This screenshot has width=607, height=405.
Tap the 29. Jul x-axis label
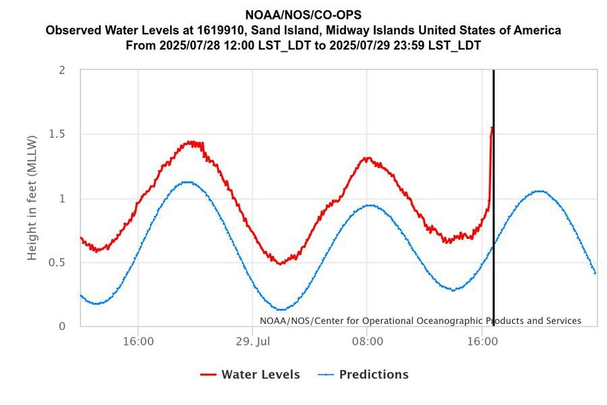pos(252,342)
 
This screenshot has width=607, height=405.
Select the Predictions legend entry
pos(374,375)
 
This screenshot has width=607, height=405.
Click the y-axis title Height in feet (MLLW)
pos(32,196)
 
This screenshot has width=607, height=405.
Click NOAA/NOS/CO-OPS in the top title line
pos(303,15)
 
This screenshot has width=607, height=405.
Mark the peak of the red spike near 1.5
pos(492,127)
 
